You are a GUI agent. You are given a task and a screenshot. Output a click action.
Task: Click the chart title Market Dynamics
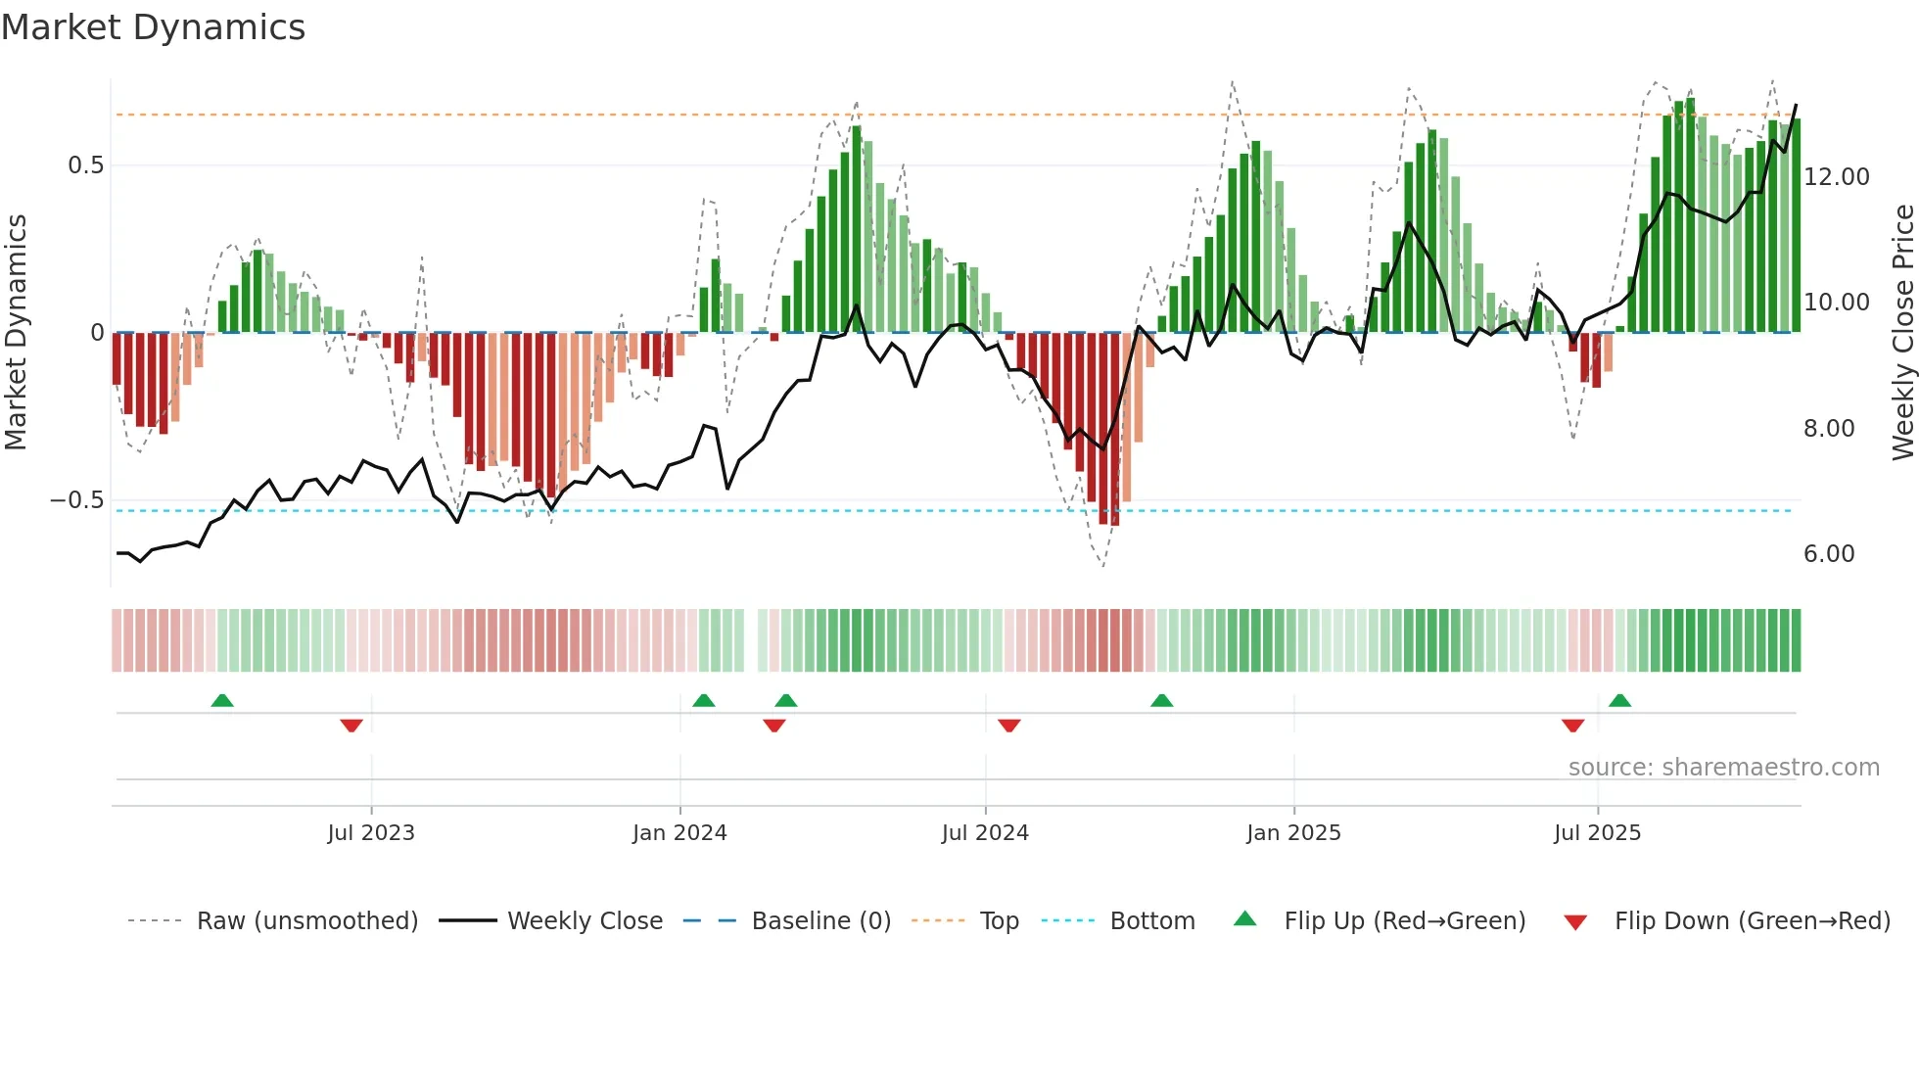coord(153,27)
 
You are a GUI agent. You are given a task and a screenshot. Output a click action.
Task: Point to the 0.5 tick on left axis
coord(85,165)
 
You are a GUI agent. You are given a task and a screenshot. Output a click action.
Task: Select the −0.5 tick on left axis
coord(77,500)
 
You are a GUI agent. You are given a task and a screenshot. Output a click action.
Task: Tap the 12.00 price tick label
coord(1836,177)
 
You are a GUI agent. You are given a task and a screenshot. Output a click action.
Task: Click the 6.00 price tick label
coord(1828,554)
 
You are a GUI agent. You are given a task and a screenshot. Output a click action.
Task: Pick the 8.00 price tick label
coord(1828,429)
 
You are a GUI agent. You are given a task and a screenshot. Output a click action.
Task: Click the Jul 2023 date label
coord(371,833)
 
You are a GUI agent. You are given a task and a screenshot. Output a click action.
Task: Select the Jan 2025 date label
coord(1293,833)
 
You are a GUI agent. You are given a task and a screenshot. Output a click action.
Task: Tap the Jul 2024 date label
coord(985,833)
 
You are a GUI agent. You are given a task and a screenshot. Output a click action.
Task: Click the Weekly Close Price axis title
coord(1902,333)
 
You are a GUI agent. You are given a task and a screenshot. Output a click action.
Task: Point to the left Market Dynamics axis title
coord(16,333)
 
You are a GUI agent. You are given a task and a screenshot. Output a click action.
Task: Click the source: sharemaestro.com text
coord(1723,768)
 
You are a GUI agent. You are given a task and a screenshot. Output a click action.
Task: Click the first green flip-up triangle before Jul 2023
coord(222,700)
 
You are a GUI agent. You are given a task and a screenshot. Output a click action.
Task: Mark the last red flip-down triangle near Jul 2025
coord(1572,726)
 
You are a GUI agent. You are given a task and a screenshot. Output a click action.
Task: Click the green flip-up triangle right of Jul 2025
coord(1619,700)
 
